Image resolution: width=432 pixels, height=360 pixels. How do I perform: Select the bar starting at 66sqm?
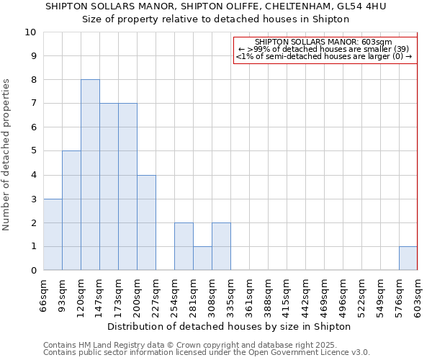[x=53, y=235]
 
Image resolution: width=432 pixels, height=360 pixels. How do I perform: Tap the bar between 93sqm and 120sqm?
[x=71, y=210]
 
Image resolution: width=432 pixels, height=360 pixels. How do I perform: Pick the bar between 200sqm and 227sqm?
[x=146, y=222]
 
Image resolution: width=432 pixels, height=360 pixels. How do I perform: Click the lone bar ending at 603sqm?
[x=408, y=258]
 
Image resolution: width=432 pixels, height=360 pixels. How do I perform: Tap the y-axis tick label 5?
[x=33, y=151]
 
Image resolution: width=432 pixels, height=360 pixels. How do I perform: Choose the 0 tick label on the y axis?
[x=33, y=271]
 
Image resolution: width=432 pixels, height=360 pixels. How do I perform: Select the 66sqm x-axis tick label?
[x=43, y=294]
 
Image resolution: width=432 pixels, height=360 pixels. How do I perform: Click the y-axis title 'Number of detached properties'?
[x=7, y=155]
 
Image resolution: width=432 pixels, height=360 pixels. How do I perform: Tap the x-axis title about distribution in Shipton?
[x=233, y=326]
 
